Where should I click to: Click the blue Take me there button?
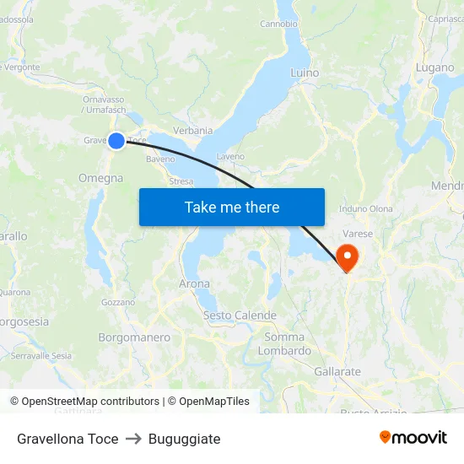231,207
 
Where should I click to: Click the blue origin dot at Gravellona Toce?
116,141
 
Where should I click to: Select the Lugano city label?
434,67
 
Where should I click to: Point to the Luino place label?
305,73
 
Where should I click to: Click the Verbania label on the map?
192,131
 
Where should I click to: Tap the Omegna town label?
100,179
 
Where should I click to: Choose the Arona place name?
194,284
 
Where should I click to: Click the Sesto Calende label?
240,316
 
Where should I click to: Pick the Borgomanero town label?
134,337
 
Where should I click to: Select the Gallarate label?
337,372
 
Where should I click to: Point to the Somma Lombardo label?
284,344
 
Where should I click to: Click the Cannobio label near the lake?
278,24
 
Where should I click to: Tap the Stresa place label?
181,181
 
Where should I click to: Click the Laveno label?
230,157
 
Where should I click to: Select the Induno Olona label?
366,209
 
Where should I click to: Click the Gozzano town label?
117,302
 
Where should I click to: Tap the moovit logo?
413,438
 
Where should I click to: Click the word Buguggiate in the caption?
184,439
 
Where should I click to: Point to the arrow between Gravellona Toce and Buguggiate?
133,439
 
